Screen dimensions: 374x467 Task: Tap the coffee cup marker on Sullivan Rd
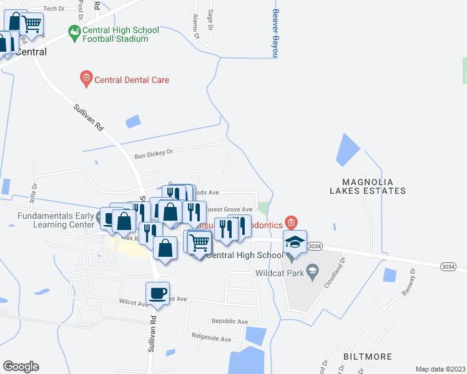click(x=158, y=294)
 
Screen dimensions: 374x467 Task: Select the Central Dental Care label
click(x=131, y=80)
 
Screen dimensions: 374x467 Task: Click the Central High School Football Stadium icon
click(x=75, y=31)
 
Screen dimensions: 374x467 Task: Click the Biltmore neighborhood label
click(x=368, y=357)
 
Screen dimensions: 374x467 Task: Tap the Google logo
click(x=21, y=367)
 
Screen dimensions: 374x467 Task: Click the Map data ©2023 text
click(x=440, y=369)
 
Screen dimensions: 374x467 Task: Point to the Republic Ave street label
click(x=229, y=322)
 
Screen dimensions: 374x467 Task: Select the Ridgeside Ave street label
click(x=212, y=339)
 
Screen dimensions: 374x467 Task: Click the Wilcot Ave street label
click(x=134, y=303)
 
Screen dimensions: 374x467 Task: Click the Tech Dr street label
click(x=54, y=8)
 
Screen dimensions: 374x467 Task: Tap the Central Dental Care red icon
click(x=86, y=79)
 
